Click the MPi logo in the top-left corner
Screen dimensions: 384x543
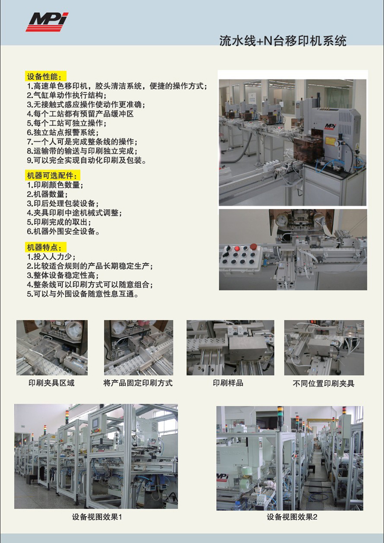pyautogui.click(x=47, y=22)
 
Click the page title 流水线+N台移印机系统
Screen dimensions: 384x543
pyautogui.click(x=283, y=41)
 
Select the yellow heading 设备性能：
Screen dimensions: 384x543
pyautogui.click(x=46, y=76)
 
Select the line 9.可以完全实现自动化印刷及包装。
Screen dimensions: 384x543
pyautogui.click(x=87, y=161)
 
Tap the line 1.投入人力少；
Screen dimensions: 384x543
pyautogui.click(x=51, y=257)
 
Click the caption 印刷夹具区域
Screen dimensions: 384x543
pyautogui.click(x=51, y=383)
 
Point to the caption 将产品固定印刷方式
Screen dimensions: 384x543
pyautogui.click(x=138, y=383)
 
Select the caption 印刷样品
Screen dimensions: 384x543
pyautogui.click(x=228, y=383)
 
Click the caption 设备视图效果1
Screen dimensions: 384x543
pyautogui.click(x=97, y=517)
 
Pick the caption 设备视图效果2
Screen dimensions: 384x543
pyautogui.click(x=292, y=517)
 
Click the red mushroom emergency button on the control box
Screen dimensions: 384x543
pyautogui.click(x=253, y=247)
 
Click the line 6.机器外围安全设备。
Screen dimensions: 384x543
pyautogui.click(x=64, y=231)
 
